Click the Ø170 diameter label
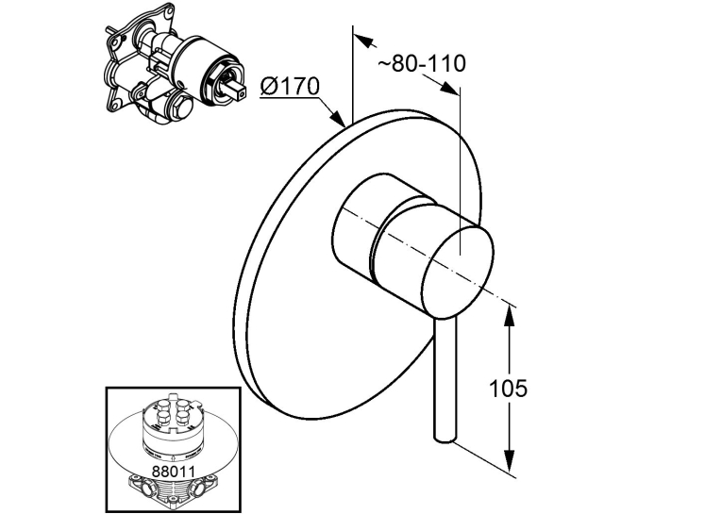(x=290, y=87)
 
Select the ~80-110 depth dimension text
(x=421, y=63)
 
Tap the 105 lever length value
(x=508, y=389)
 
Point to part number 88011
(x=174, y=472)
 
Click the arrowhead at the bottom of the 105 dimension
(x=509, y=460)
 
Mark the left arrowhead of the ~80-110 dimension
(x=362, y=40)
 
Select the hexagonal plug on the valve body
(x=179, y=108)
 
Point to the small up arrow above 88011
(x=173, y=457)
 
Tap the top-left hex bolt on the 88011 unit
(x=162, y=406)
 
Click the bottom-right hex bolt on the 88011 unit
(x=183, y=417)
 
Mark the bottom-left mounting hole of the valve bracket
(x=113, y=107)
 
